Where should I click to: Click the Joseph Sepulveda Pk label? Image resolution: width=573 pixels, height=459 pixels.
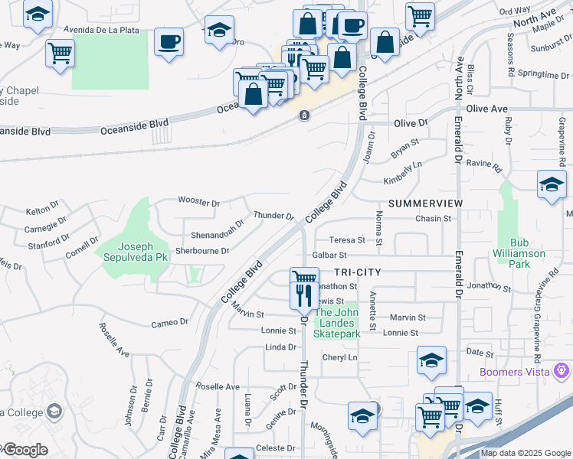tap(135, 252)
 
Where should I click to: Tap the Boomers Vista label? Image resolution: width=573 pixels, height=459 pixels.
tap(519, 372)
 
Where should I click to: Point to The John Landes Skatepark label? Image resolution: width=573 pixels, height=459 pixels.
tap(338, 323)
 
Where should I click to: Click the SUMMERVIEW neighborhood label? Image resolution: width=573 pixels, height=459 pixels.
tap(425, 203)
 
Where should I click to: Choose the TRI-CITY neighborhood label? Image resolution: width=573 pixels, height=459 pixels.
tap(358, 272)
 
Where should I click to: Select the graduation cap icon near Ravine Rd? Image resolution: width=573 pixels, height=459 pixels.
tap(552, 185)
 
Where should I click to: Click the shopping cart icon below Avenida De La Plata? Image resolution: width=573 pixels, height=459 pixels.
tap(60, 54)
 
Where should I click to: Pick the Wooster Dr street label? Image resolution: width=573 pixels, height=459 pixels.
tap(198, 203)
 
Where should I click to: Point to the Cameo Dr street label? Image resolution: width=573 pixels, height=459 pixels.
tap(169, 322)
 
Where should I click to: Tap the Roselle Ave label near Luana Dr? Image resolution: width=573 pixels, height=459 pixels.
tap(218, 386)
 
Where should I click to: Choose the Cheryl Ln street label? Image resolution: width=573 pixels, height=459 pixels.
tap(340, 357)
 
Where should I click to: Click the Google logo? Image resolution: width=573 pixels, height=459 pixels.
tap(25, 449)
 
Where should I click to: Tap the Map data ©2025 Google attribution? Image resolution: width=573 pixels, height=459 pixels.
tap(525, 453)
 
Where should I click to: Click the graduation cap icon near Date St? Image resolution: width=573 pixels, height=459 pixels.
tap(431, 360)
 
